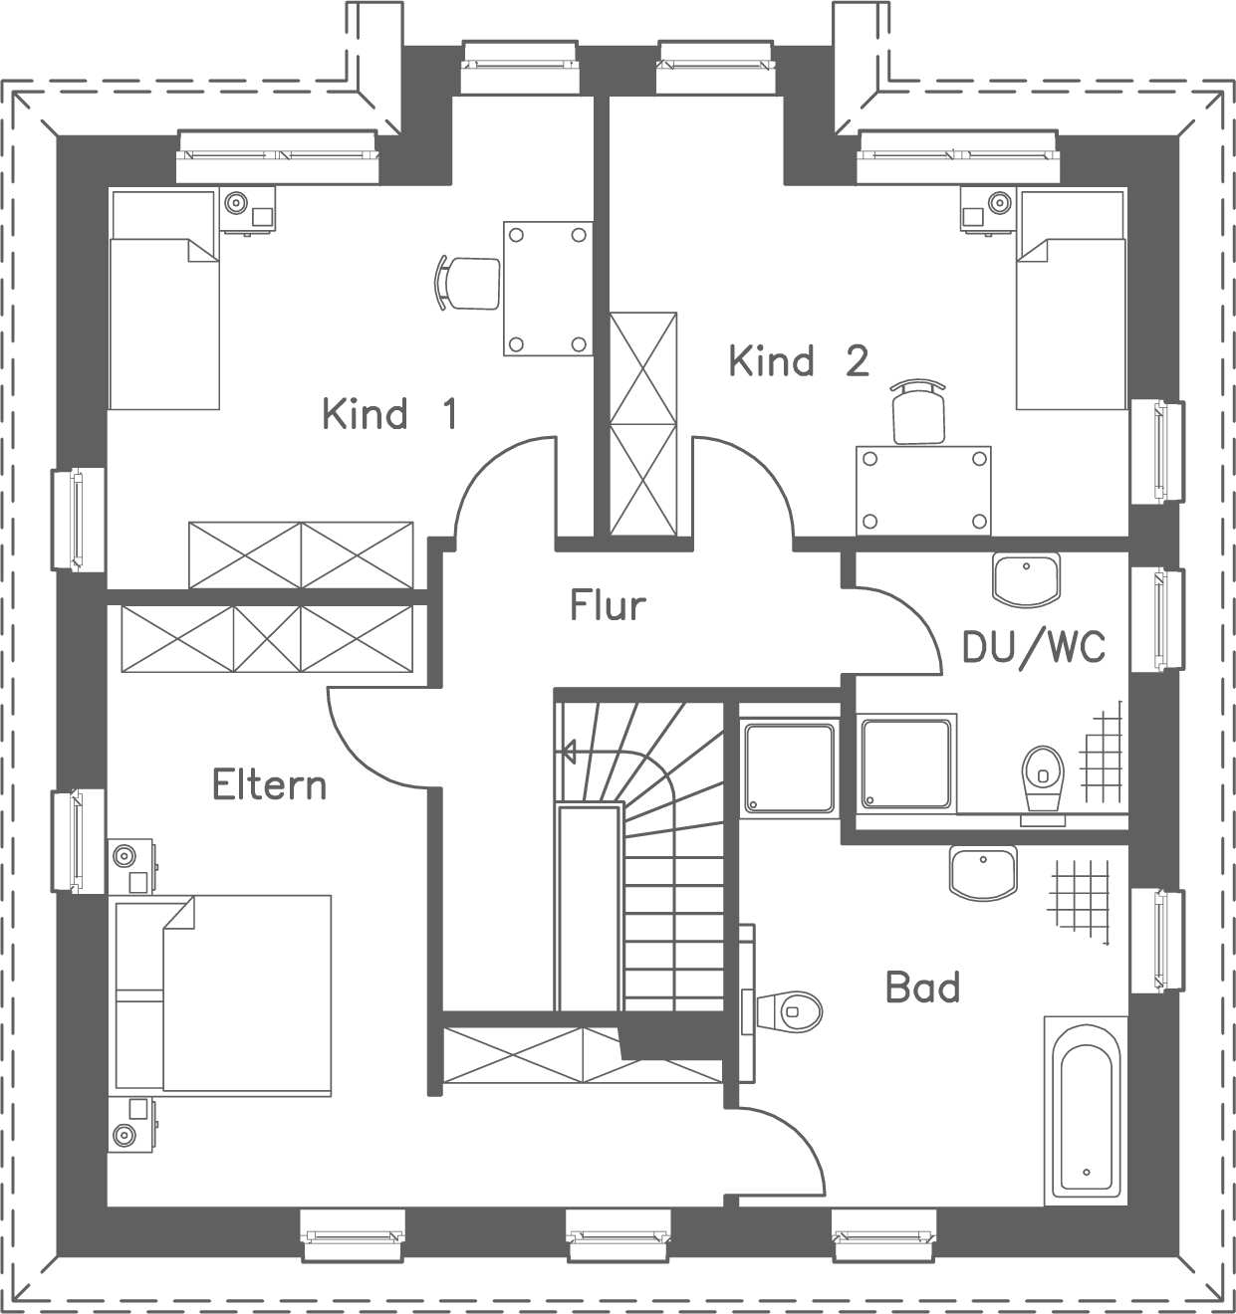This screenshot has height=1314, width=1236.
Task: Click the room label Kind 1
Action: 389,413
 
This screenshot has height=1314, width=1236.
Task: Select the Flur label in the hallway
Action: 608,604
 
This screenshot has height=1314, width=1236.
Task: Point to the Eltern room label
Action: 269,784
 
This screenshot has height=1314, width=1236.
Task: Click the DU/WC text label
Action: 1033,647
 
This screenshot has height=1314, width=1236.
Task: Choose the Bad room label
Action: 922,987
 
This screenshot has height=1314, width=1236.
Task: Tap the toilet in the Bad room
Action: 792,1010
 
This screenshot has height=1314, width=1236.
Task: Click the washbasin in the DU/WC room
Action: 1026,579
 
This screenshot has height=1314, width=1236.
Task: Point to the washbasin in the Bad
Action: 983,873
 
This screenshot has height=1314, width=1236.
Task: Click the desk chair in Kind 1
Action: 467,282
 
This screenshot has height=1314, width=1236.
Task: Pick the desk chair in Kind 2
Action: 918,411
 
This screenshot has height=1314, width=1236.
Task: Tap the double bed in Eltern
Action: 223,995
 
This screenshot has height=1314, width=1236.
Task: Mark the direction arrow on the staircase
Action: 570,750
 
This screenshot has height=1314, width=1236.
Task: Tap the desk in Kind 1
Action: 547,289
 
